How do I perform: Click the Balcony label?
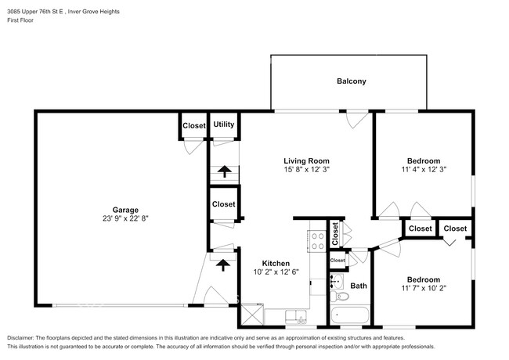pos(351,81)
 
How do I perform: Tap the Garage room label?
pos(125,209)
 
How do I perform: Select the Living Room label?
pos(306,161)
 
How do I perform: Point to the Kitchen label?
pos(276,263)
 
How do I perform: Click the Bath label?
pos(359,286)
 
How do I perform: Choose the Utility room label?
pos(224,124)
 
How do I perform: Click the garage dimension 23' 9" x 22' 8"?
pos(125,219)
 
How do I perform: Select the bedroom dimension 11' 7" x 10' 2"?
pos(422,289)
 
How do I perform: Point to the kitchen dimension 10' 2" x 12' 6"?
pos(276,272)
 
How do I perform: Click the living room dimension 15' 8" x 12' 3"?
pos(306,171)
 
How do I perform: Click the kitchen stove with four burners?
pos(318,239)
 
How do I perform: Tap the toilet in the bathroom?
pos(341,298)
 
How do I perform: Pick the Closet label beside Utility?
pos(193,125)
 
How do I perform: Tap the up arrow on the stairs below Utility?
pos(224,171)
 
